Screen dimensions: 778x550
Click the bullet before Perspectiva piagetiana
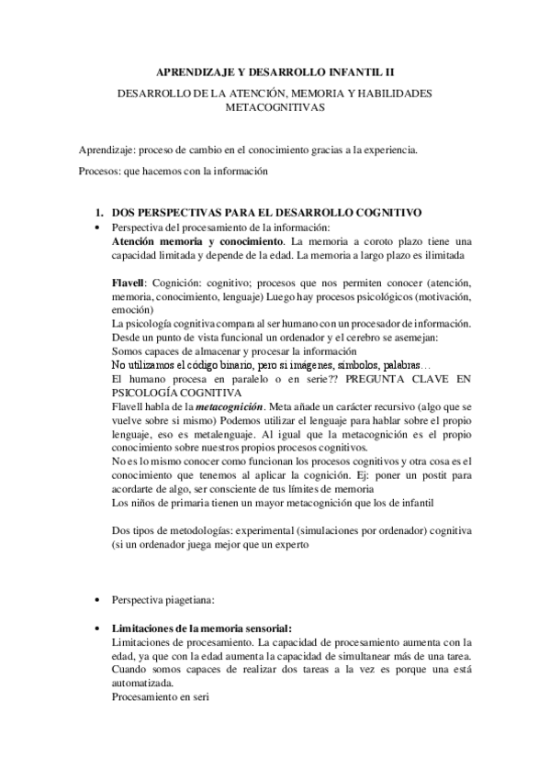[97, 599]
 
